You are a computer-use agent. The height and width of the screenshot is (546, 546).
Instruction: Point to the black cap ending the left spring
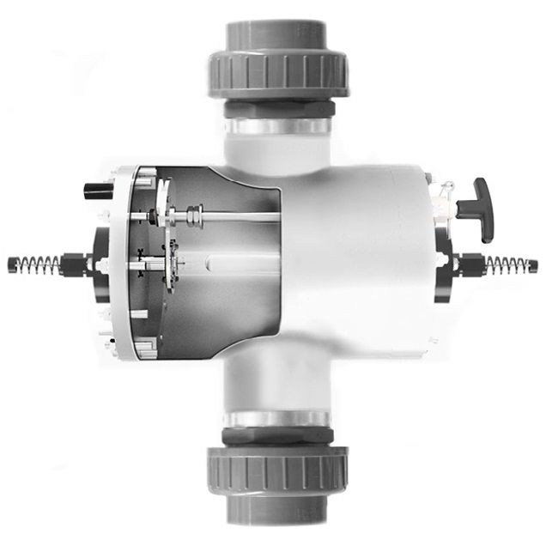[x=10, y=262]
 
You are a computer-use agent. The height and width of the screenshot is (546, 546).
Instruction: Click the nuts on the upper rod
[x=194, y=215]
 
